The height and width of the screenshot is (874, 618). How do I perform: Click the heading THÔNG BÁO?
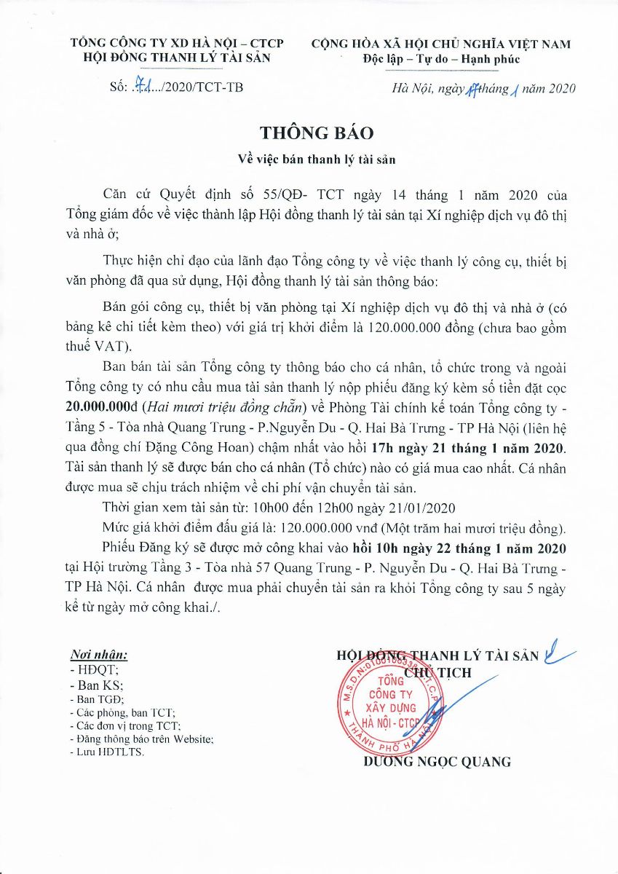[316, 133]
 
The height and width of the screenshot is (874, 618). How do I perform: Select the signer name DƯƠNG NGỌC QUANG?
[437, 763]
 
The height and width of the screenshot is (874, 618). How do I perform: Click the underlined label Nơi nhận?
[98, 654]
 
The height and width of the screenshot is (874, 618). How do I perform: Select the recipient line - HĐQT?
[88, 669]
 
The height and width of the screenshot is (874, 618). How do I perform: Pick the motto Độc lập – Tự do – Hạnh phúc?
[441, 59]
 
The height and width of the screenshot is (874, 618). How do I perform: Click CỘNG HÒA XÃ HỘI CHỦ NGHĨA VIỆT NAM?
[441, 44]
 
